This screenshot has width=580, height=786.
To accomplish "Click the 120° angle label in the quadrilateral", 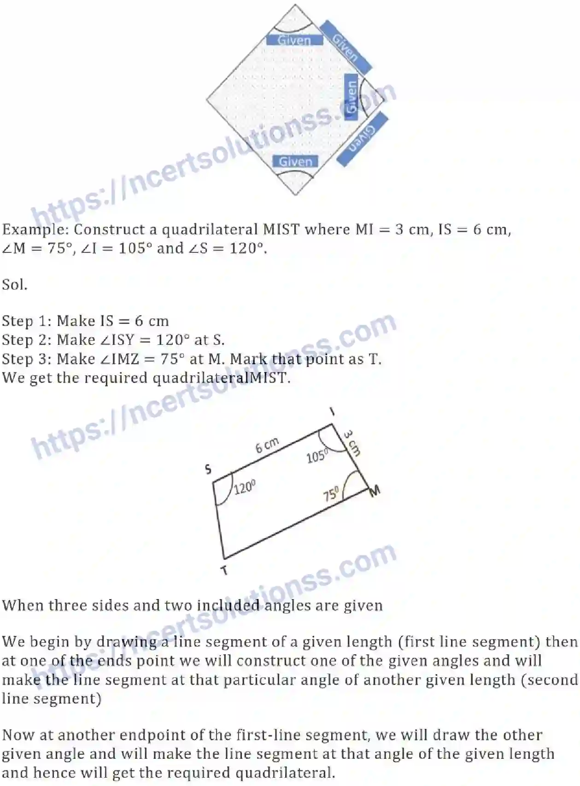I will [245, 488].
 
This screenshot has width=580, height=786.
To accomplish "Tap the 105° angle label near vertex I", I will [317, 456].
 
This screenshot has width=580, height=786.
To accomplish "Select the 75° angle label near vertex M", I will [331, 495].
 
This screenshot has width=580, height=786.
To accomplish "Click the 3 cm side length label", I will [352, 442].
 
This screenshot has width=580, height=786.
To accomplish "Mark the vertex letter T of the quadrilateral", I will [224, 571].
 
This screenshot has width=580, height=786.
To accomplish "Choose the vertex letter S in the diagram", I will [208, 469].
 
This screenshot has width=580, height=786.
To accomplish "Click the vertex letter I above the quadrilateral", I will [332, 412].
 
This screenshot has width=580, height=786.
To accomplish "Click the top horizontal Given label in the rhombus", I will [294, 40].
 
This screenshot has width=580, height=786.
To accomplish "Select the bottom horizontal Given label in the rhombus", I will [295, 162].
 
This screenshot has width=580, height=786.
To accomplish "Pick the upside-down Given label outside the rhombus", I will [362, 139].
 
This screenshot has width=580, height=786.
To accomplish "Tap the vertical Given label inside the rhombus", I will [351, 96].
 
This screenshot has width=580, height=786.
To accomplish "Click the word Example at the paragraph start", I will [35, 229].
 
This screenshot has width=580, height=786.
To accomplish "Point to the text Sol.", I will [15, 285].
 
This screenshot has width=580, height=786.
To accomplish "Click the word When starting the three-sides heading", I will [22, 605].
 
